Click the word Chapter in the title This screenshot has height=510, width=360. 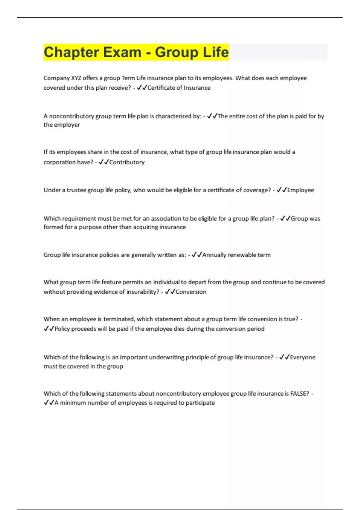coord(71,52)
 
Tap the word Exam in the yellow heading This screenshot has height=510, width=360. coord(122,52)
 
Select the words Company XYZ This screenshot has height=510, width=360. coord(62,78)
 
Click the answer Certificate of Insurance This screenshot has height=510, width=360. coord(179,88)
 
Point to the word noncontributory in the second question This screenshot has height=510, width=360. coord(71,116)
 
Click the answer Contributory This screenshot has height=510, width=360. coord(127,162)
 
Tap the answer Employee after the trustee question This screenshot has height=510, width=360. coord(301,190)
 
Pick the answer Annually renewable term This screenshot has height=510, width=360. coord(236,255)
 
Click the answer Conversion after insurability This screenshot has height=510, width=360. coord(191,292)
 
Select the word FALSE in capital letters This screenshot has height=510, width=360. coord(299,394)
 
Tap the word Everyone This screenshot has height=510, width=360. coord(303,357)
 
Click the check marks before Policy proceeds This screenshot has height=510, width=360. coord(49,329)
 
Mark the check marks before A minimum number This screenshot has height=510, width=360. coord(49,403)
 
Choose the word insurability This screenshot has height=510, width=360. coord(139,292)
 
